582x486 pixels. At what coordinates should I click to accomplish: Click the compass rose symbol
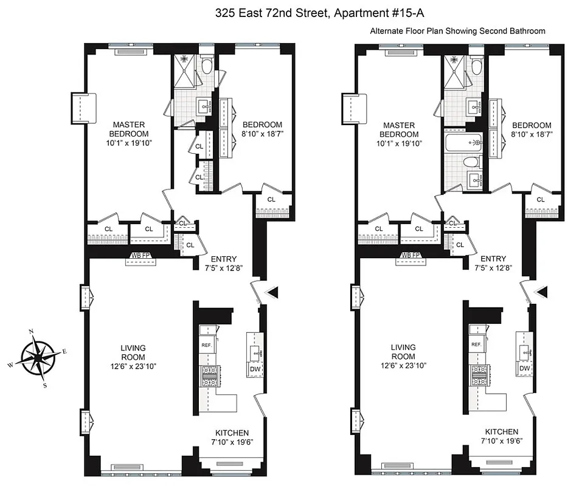(x=36, y=358)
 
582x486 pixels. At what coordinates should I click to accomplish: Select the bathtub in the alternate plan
(x=462, y=143)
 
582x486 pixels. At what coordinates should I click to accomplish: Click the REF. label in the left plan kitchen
(x=206, y=344)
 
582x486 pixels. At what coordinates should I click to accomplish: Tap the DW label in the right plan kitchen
(x=524, y=368)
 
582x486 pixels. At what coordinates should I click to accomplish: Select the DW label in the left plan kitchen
(x=254, y=368)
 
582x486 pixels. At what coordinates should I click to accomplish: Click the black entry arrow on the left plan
(x=273, y=293)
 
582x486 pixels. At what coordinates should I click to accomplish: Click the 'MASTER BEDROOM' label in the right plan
(x=399, y=130)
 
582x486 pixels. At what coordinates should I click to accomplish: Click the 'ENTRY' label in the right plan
(x=493, y=259)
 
